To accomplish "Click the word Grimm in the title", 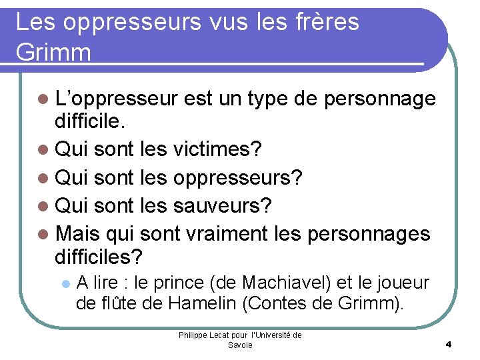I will pos(53,51).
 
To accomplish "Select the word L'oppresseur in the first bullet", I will pos(117,99).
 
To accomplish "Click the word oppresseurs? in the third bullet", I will pos(238,178).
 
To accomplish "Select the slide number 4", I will pos(449,345).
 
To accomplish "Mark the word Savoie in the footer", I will pos(240,345).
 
